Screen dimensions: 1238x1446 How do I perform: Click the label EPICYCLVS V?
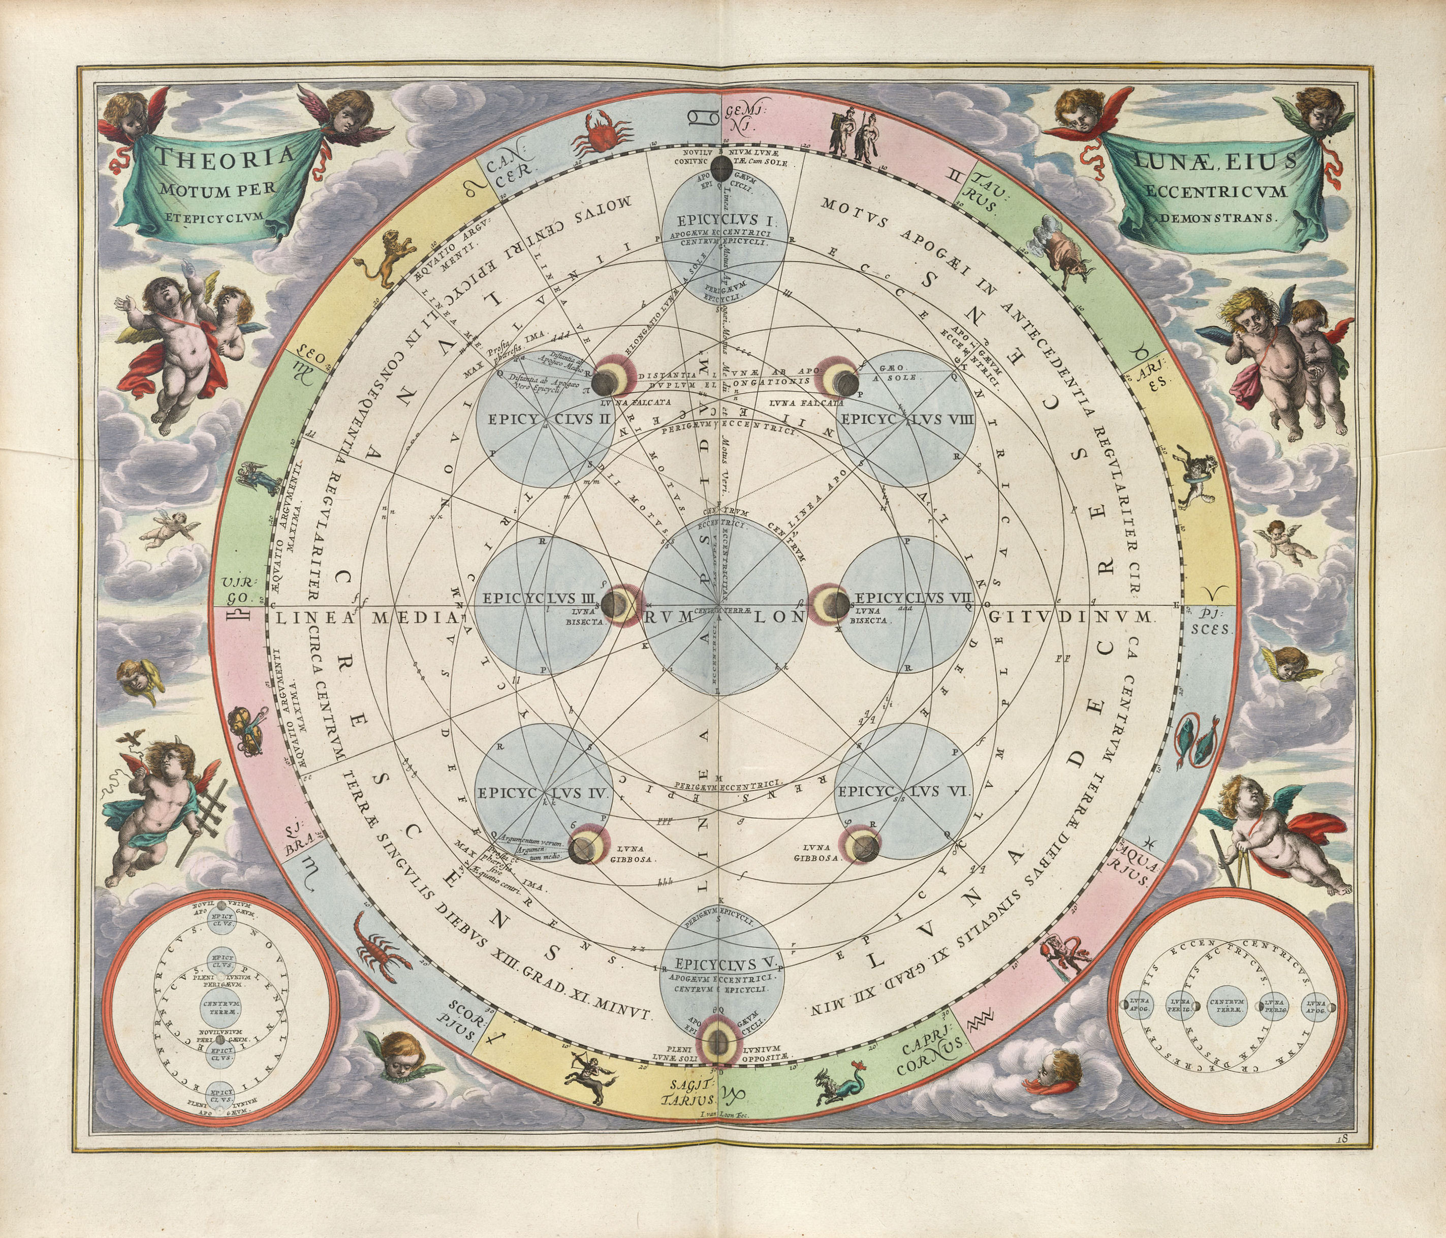click(x=723, y=964)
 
